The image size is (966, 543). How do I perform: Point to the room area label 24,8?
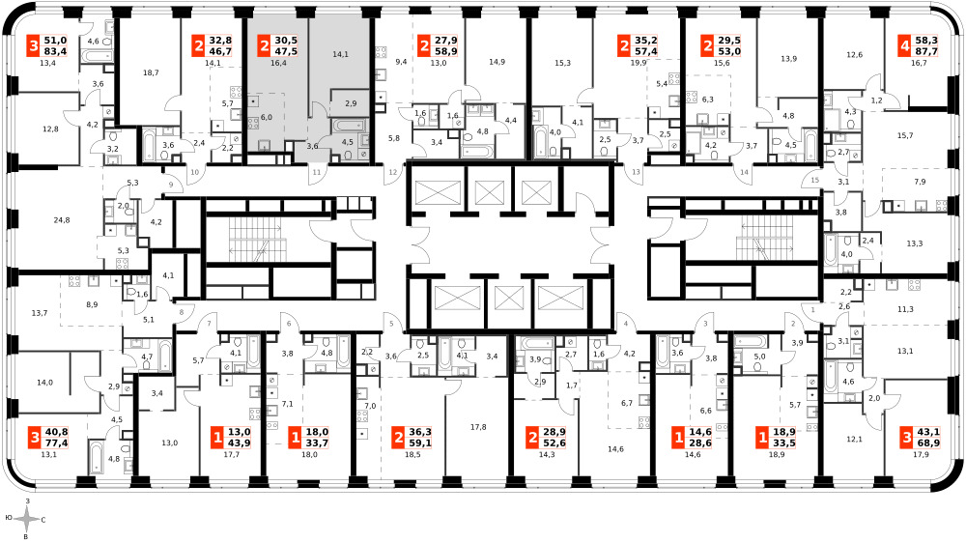coord(62,220)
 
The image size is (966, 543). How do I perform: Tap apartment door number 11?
coord(317,173)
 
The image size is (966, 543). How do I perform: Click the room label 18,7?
coord(151,72)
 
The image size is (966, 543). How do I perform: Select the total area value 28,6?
coord(698,443)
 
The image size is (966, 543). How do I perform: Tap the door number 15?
coord(815,180)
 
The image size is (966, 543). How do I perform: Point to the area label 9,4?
coord(401,62)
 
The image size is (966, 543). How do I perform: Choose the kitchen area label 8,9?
coord(92,304)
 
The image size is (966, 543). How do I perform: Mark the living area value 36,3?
coord(420,433)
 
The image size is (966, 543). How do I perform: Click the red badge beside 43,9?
coord(216,438)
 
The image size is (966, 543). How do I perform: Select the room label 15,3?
coord(562,63)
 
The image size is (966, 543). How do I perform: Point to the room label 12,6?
coord(855,55)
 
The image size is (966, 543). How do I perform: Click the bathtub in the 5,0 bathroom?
coord(751,341)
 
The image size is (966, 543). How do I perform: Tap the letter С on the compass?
coord(43,520)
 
